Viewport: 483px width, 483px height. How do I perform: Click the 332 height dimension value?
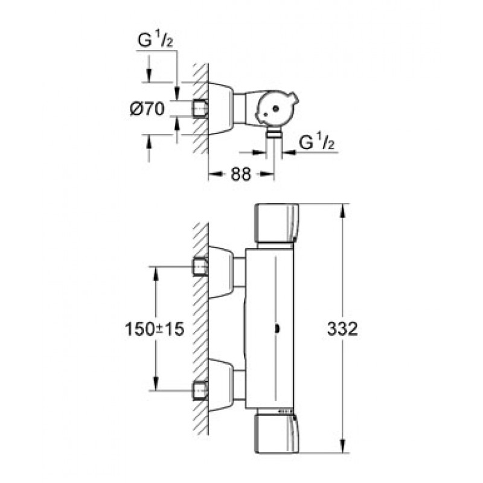click(342, 328)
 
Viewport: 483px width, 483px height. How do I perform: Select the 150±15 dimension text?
click(155, 328)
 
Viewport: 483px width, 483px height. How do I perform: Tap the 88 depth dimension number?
click(241, 174)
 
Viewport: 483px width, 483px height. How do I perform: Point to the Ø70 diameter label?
click(147, 109)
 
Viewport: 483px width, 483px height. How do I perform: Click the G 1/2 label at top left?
click(155, 40)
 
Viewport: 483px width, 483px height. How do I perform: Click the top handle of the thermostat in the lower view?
click(277, 223)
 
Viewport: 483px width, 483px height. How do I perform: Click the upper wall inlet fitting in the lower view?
click(200, 266)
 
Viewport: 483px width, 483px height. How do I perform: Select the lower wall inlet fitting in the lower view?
click(200, 391)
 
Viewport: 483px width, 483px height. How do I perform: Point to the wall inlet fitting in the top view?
click(200, 109)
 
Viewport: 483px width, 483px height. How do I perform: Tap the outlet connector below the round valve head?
click(274, 132)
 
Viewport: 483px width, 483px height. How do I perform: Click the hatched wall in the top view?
click(200, 109)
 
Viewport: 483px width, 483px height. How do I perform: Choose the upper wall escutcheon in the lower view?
click(221, 273)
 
